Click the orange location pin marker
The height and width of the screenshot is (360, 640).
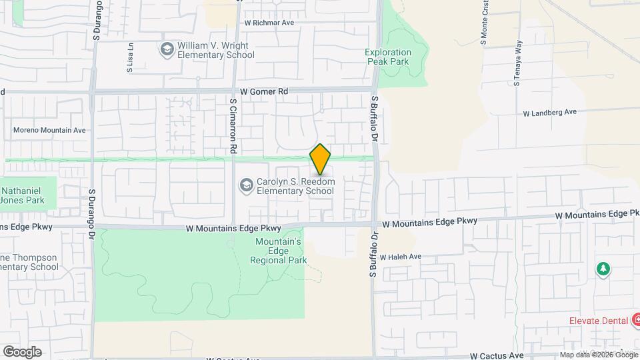pyautogui.click(x=321, y=159)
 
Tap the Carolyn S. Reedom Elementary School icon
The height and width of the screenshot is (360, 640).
pyautogui.click(x=246, y=185)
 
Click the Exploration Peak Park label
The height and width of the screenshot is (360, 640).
pyautogui.click(x=389, y=57)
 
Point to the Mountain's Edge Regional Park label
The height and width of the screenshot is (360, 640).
pyautogui.click(x=279, y=251)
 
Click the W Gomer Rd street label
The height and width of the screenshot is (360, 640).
pyautogui.click(x=264, y=91)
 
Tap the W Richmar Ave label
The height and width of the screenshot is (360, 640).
pyautogui.click(x=269, y=22)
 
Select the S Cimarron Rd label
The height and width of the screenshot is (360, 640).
pyautogui.click(x=233, y=127)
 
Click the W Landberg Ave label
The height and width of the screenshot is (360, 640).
pyautogui.click(x=549, y=113)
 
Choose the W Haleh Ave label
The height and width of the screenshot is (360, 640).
pyautogui.click(x=401, y=257)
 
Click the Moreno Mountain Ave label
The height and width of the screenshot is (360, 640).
pyautogui.click(x=50, y=130)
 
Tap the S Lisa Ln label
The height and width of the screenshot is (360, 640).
pyautogui.click(x=131, y=58)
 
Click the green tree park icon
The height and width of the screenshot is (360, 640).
pyautogui.click(x=603, y=269)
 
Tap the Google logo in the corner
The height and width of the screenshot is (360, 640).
pyautogui.click(x=22, y=352)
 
